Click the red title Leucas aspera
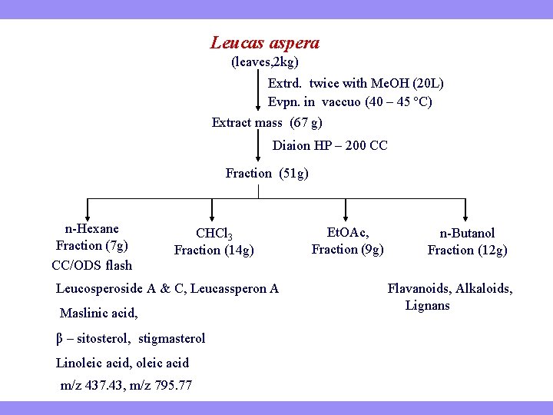tap(265, 44)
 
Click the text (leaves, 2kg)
tap(265, 61)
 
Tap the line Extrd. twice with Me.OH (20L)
tap(356, 83)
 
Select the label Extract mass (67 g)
tap(267, 122)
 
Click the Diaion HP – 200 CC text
tap(329, 145)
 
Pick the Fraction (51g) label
tap(267, 173)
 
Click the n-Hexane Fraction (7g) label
tap(91, 237)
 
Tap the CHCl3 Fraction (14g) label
tap(214, 241)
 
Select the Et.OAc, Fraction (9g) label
tap(347, 240)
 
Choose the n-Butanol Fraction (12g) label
tap(467, 241)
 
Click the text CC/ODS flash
tap(91, 265)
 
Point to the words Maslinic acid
tap(99, 313)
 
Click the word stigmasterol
tap(172, 338)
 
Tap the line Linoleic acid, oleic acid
tap(122, 363)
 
